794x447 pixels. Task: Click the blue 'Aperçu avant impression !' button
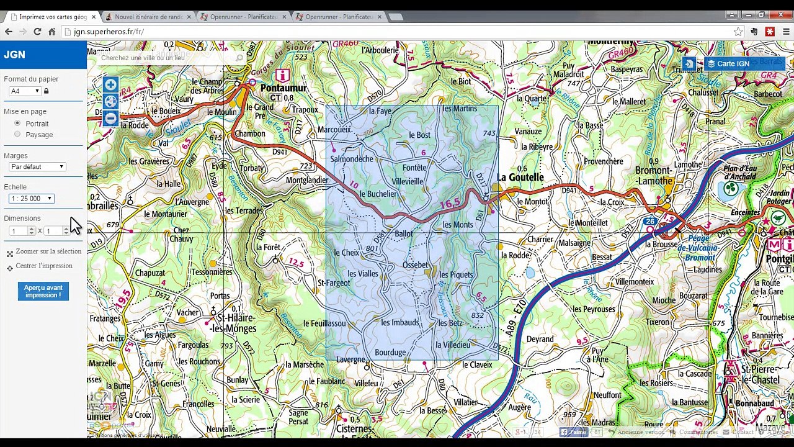point(43,291)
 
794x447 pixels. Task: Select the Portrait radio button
point(17,124)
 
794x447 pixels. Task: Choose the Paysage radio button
point(17,134)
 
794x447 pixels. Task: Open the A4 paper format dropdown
point(25,91)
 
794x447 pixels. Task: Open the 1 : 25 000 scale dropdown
point(32,199)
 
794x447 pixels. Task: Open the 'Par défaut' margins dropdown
point(37,166)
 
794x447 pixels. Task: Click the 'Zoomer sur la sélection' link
point(48,251)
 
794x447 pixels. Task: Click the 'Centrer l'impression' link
point(43,266)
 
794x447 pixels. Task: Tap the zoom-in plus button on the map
point(110,85)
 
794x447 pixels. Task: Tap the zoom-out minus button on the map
point(110,118)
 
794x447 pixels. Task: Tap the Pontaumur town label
point(283,88)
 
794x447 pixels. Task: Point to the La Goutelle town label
point(520,178)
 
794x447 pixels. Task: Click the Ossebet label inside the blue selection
point(415,264)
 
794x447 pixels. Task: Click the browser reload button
point(37,32)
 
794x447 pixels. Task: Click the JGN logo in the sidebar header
point(14,55)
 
